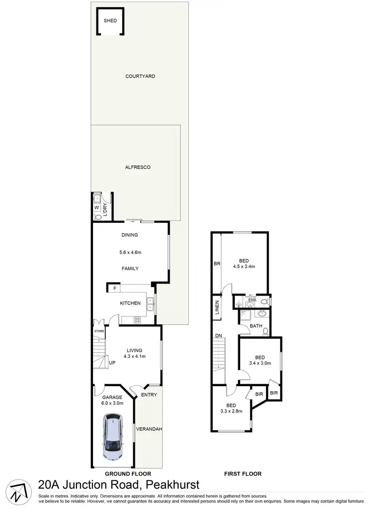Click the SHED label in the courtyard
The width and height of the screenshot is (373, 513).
click(110, 21)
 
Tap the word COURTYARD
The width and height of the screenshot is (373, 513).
click(140, 76)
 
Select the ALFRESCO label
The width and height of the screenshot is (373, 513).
click(138, 167)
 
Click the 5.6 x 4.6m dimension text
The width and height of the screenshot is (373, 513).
click(130, 252)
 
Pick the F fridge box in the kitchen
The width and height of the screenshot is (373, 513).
click(115, 288)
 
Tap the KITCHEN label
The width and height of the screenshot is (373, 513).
click(130, 303)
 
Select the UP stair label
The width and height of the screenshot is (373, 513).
click(112, 362)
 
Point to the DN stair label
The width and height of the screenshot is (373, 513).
click(218, 335)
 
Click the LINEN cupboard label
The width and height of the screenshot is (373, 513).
click(217, 308)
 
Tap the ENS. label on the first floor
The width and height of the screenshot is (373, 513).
click(252, 300)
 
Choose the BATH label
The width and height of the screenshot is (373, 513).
click(256, 326)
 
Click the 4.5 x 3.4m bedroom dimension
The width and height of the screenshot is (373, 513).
click(244, 267)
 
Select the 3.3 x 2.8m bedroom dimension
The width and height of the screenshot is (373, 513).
click(231, 411)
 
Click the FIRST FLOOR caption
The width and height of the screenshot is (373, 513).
click(243, 474)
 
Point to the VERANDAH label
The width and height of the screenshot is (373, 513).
click(150, 429)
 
